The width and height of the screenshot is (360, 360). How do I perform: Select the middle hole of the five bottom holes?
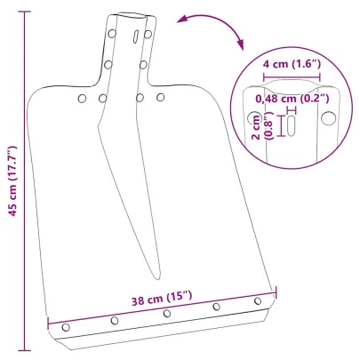[x=166, y=313]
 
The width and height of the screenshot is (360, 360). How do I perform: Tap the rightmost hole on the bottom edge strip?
[x=259, y=301]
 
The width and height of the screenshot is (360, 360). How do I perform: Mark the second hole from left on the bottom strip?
[x=115, y=320]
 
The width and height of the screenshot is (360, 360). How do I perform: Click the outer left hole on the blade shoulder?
[x=81, y=100]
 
